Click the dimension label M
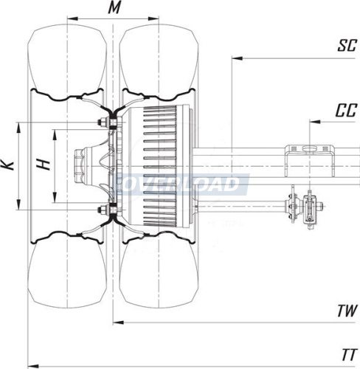[x=114, y=8]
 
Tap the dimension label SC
[x=347, y=45]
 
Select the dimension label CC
[x=346, y=111]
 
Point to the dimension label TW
[x=347, y=311]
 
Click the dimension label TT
[x=349, y=355]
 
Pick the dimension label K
[x=7, y=165]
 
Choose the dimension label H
[x=44, y=165]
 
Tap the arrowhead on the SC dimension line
[x=238, y=58]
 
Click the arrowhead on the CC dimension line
[x=315, y=122]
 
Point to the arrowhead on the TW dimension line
[x=118, y=323]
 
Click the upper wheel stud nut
[x=101, y=123]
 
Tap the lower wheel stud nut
[x=101, y=210]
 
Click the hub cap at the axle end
[x=79, y=166]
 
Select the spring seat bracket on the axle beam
[x=310, y=161]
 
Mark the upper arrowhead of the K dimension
[x=18, y=128]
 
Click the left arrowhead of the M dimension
[x=72, y=18]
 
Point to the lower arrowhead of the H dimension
[x=55, y=198]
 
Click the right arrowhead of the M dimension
[x=153, y=18]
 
